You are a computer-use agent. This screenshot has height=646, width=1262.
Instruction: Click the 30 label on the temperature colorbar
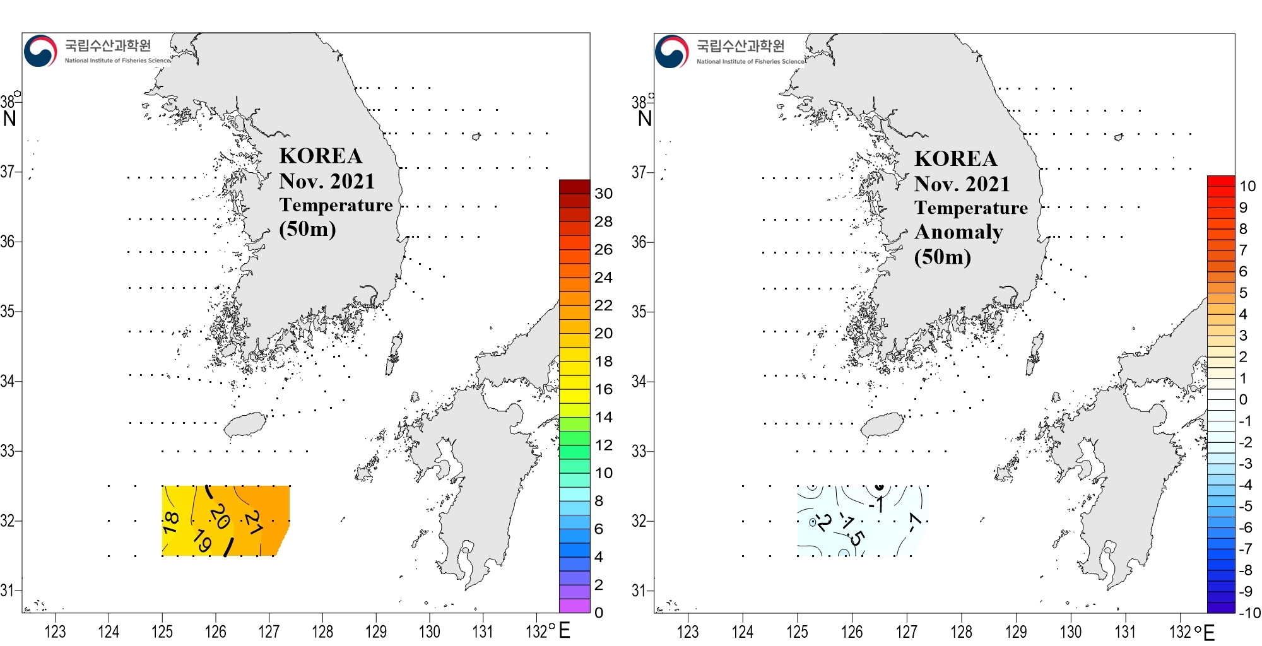[603, 194]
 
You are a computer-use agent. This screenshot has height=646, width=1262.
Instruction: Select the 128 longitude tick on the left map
[322, 631]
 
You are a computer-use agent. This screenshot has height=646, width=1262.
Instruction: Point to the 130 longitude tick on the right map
[1070, 631]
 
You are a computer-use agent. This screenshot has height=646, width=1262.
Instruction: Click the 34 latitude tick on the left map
[8, 381]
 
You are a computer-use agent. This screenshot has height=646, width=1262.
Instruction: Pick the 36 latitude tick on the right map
[639, 242]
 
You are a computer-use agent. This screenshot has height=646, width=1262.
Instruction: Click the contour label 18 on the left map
[171, 522]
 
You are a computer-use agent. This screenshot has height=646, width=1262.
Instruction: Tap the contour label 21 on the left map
[254, 522]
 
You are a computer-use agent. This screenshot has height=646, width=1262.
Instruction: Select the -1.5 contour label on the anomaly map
[851, 529]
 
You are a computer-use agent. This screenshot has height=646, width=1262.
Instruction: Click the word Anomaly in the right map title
[958, 232]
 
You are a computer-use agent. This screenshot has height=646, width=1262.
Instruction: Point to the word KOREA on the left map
[321, 156]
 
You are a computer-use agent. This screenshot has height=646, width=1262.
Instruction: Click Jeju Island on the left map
[245, 425]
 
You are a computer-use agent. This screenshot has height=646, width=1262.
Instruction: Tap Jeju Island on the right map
[882, 425]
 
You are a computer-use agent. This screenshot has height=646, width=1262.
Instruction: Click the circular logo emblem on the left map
[40, 51]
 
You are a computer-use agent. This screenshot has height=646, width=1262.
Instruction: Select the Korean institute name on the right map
[740, 46]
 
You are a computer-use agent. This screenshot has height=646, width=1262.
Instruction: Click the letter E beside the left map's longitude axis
[564, 630]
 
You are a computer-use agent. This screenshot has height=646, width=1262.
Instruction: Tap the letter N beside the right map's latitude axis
[644, 119]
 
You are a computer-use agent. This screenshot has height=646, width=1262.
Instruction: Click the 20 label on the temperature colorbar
[603, 333]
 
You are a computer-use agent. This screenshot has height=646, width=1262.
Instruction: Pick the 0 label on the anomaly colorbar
[1242, 399]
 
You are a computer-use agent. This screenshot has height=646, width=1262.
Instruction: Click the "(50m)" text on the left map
[307, 228]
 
